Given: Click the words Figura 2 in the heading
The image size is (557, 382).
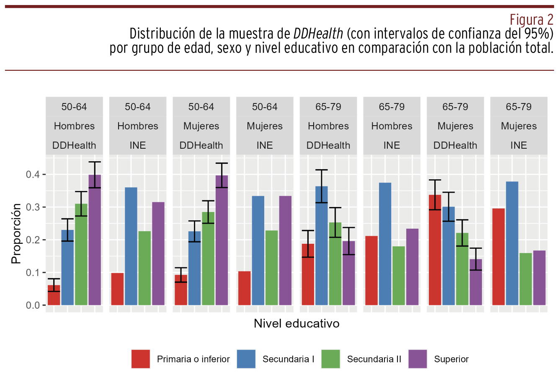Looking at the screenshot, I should click(531, 20).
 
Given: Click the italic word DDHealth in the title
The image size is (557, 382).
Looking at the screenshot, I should click(318, 34).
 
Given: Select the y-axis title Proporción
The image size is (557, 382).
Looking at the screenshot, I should click(16, 233).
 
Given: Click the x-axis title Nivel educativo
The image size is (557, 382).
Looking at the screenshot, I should click(297, 323).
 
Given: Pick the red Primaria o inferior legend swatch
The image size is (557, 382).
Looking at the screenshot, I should click(140, 359).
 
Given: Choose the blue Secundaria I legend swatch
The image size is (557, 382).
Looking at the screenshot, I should click(246, 359).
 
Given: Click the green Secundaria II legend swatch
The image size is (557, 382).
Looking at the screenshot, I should click(330, 359).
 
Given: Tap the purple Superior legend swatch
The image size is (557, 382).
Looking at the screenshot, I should click(418, 359).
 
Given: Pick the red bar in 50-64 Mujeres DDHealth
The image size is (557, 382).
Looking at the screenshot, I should click(181, 291).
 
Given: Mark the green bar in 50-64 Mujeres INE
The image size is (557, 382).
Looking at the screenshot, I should click(271, 268).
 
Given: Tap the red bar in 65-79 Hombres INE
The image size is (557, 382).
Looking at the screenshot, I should click(371, 271).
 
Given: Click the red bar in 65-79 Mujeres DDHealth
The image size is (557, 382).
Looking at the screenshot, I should click(435, 251).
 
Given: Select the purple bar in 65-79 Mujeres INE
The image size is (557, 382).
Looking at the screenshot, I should click(539, 278).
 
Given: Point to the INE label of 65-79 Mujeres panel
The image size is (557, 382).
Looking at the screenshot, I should click(518, 145).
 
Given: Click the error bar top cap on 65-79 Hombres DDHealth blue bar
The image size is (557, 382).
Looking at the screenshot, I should click(322, 170).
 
